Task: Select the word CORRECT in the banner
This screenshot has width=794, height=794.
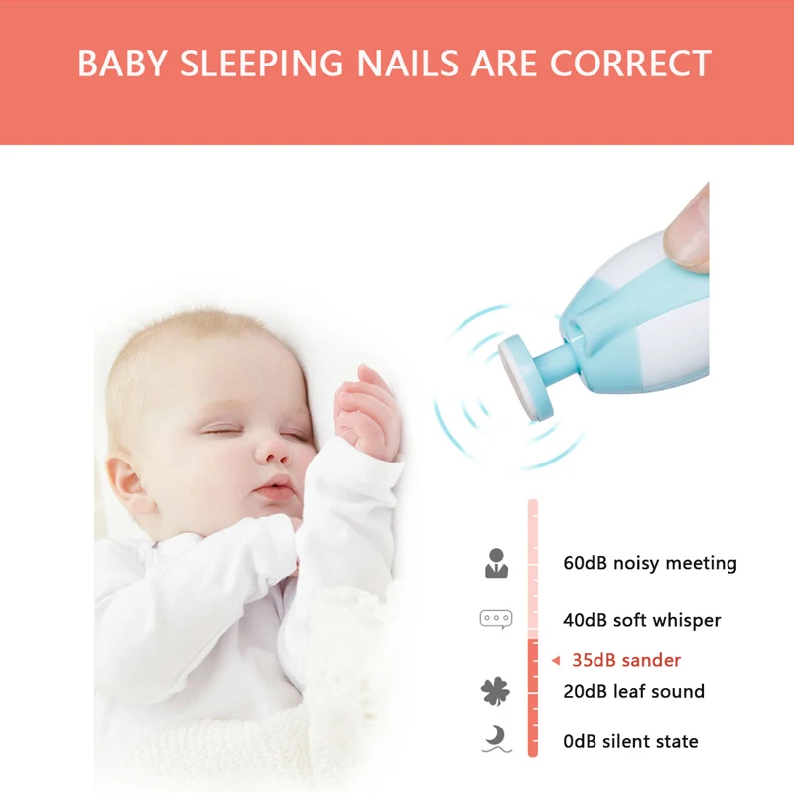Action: (629, 63)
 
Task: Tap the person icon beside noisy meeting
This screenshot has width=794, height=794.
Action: (496, 563)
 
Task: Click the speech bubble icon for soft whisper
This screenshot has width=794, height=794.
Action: (495, 619)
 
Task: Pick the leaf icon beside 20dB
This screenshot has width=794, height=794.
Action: (495, 691)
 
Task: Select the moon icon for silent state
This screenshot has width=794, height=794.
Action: (495, 740)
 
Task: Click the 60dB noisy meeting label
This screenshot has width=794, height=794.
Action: (649, 563)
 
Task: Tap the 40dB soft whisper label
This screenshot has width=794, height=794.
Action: (641, 620)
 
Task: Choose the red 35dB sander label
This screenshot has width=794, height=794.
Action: (625, 660)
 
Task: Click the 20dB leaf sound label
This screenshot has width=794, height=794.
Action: (633, 691)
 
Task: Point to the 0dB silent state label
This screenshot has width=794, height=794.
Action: (630, 741)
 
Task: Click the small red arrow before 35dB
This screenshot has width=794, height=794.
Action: (556, 660)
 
